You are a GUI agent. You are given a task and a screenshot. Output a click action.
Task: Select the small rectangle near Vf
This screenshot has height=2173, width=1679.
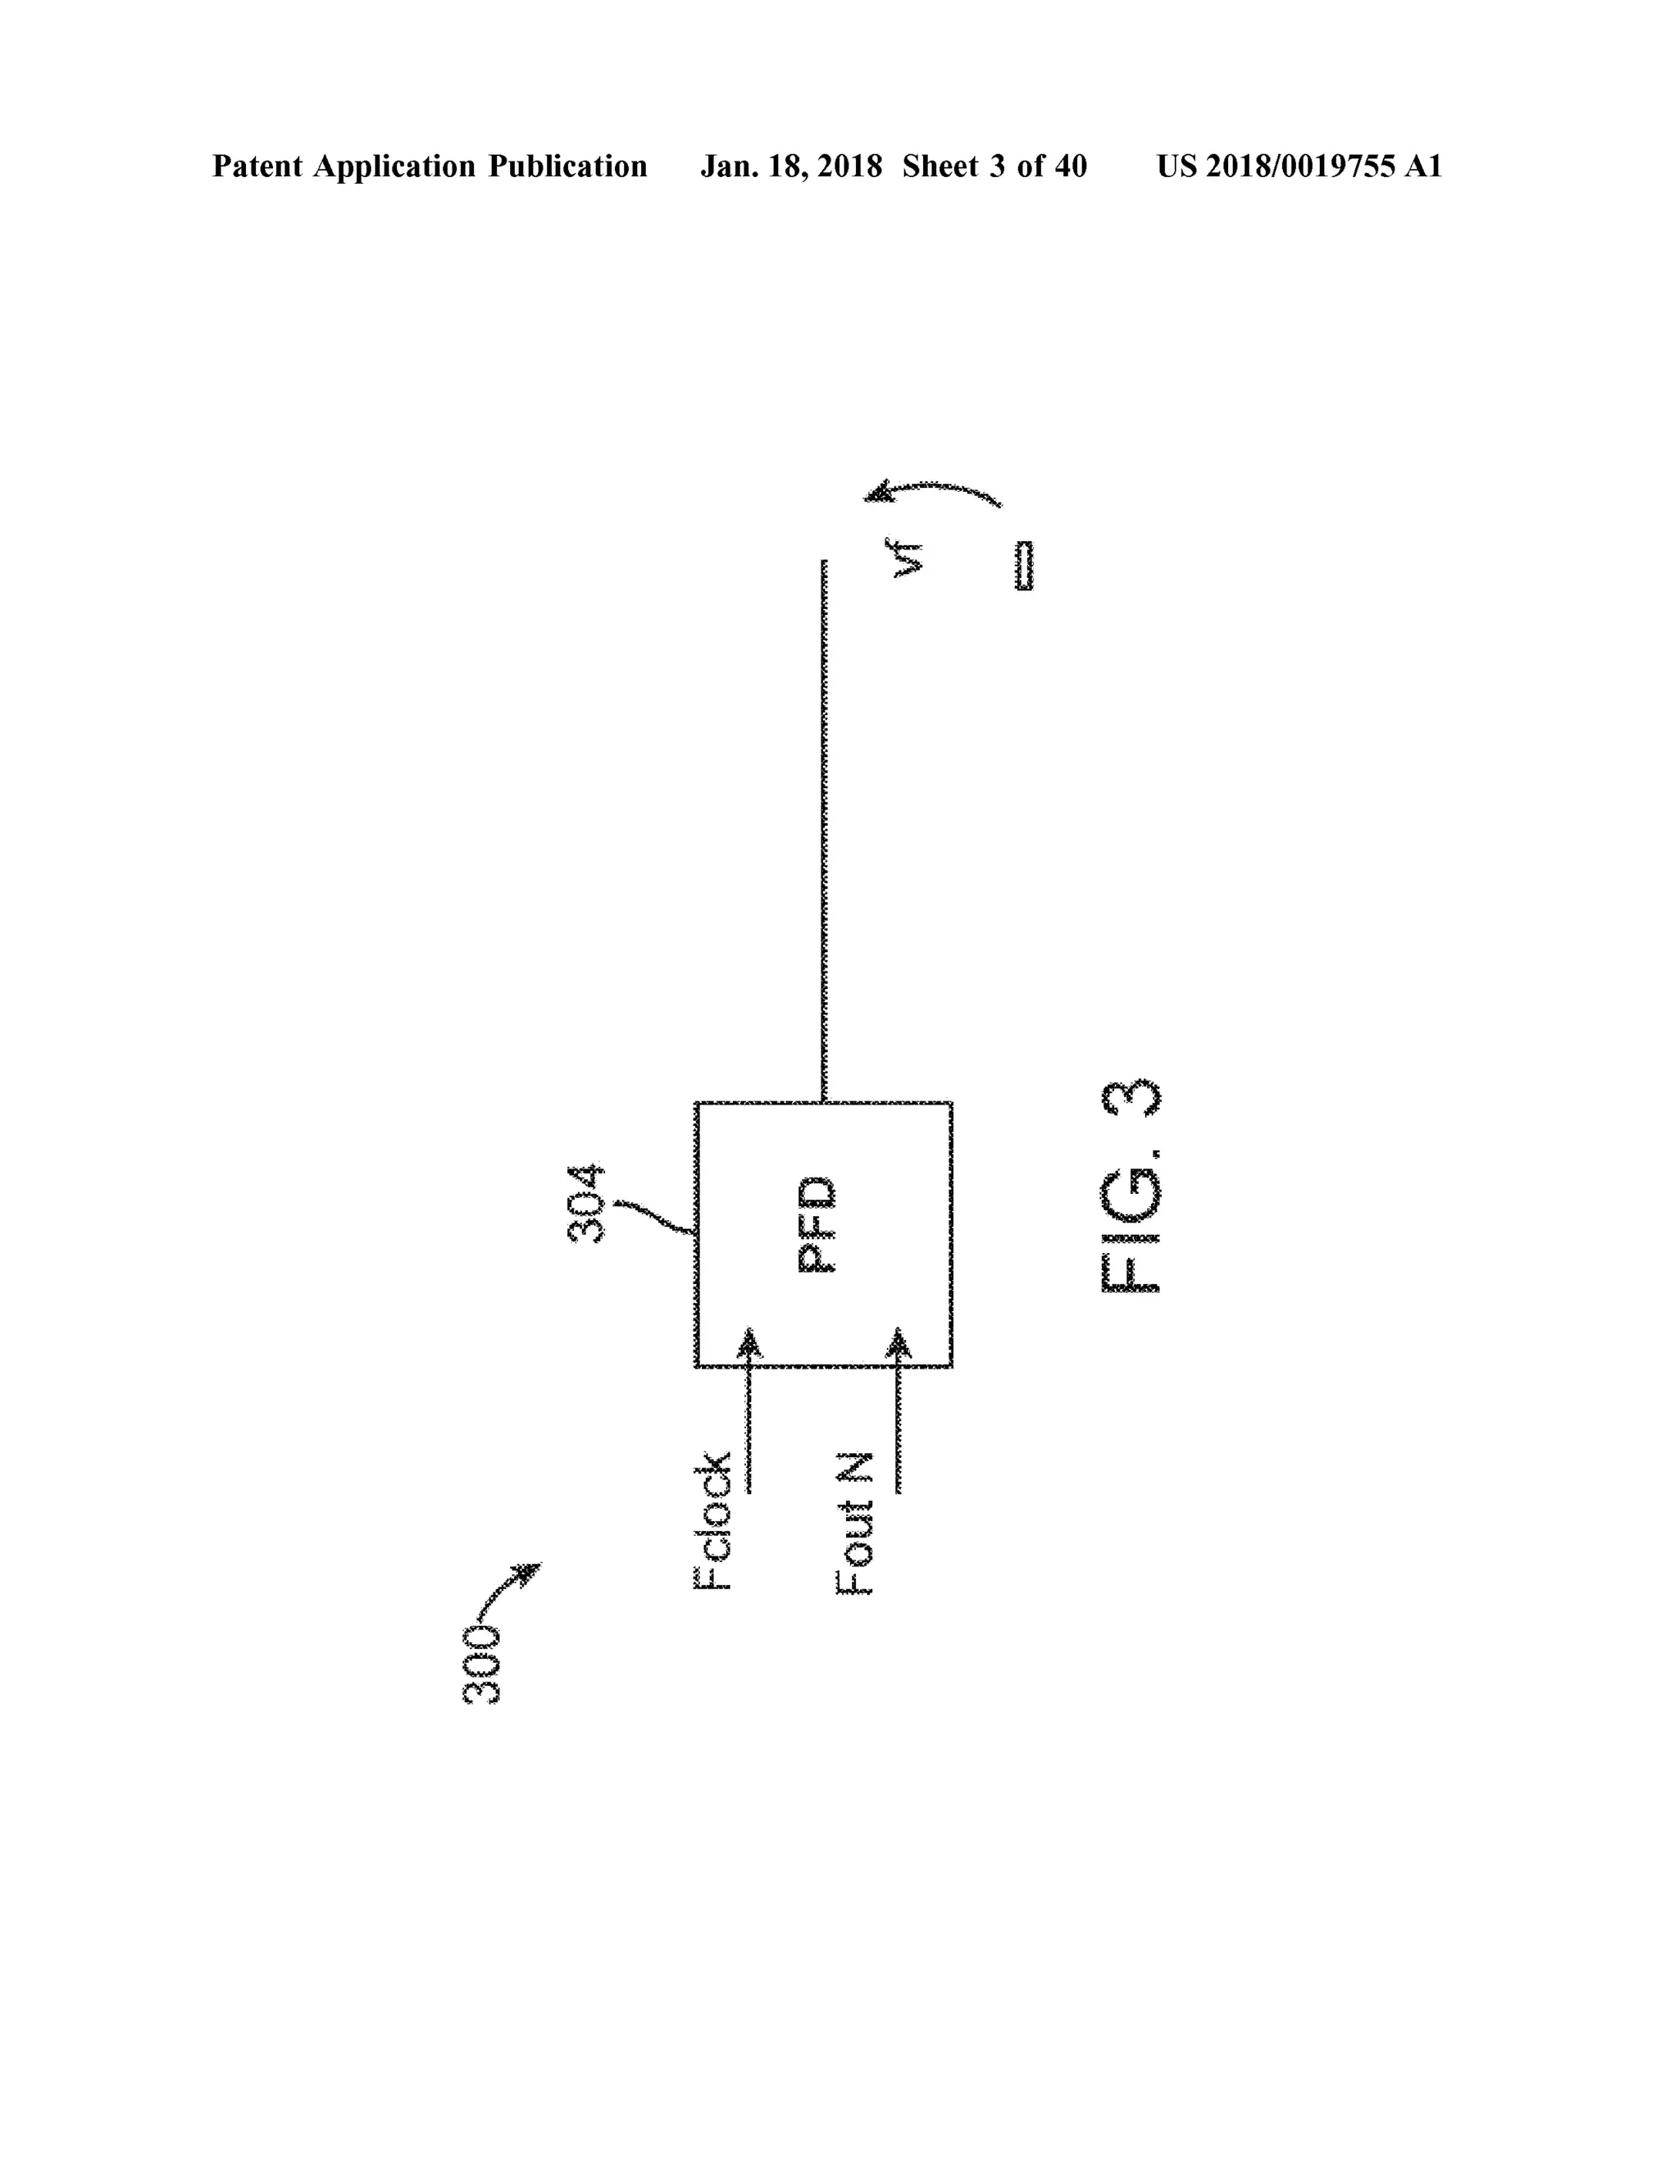click(x=1023, y=565)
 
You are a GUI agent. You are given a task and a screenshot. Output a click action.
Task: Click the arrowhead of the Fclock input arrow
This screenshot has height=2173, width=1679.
click(x=750, y=1342)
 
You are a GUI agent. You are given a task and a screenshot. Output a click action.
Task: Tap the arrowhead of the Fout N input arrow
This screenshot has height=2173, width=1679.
click(x=899, y=1342)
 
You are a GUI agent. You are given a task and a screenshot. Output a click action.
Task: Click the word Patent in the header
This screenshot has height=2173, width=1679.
click(x=257, y=166)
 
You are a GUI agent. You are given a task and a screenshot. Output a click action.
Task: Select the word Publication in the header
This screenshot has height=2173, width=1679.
click(x=567, y=166)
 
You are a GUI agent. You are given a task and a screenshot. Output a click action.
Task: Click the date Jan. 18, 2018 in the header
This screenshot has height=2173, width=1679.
click(x=791, y=166)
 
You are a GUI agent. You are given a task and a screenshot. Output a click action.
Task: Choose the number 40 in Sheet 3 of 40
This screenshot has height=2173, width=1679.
click(x=1069, y=166)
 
